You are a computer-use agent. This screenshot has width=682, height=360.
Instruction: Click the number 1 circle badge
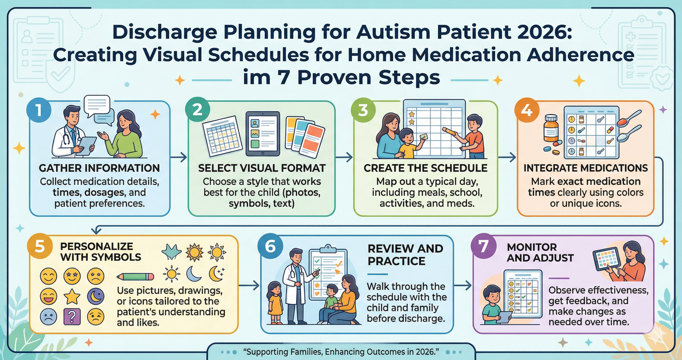(x=39, y=110)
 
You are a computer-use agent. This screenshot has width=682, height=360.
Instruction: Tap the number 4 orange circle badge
(x=527, y=110)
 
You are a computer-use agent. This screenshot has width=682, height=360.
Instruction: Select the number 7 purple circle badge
(x=483, y=246)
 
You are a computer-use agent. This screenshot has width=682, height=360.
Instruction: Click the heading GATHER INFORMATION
(x=99, y=168)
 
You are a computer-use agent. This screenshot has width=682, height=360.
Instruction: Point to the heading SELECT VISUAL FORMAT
(x=262, y=168)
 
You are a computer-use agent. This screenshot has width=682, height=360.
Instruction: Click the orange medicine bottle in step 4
(x=551, y=129)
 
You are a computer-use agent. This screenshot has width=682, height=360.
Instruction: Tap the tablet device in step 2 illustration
(x=263, y=133)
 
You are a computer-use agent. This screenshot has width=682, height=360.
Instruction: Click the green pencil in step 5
(x=136, y=276)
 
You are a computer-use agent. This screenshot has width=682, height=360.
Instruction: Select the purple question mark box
(x=72, y=317)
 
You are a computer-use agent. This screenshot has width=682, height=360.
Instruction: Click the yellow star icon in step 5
(x=72, y=297)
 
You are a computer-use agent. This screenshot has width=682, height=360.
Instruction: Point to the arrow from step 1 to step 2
(x=179, y=157)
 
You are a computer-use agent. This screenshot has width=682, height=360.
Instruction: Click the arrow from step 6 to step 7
(x=463, y=285)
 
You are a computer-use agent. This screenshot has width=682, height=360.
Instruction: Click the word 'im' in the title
(x=257, y=78)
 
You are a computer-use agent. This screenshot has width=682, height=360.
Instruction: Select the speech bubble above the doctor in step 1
(x=97, y=105)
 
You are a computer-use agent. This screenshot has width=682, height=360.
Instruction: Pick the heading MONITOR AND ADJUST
(x=540, y=253)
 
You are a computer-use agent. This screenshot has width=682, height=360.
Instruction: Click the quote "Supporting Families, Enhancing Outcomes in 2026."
(x=341, y=352)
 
